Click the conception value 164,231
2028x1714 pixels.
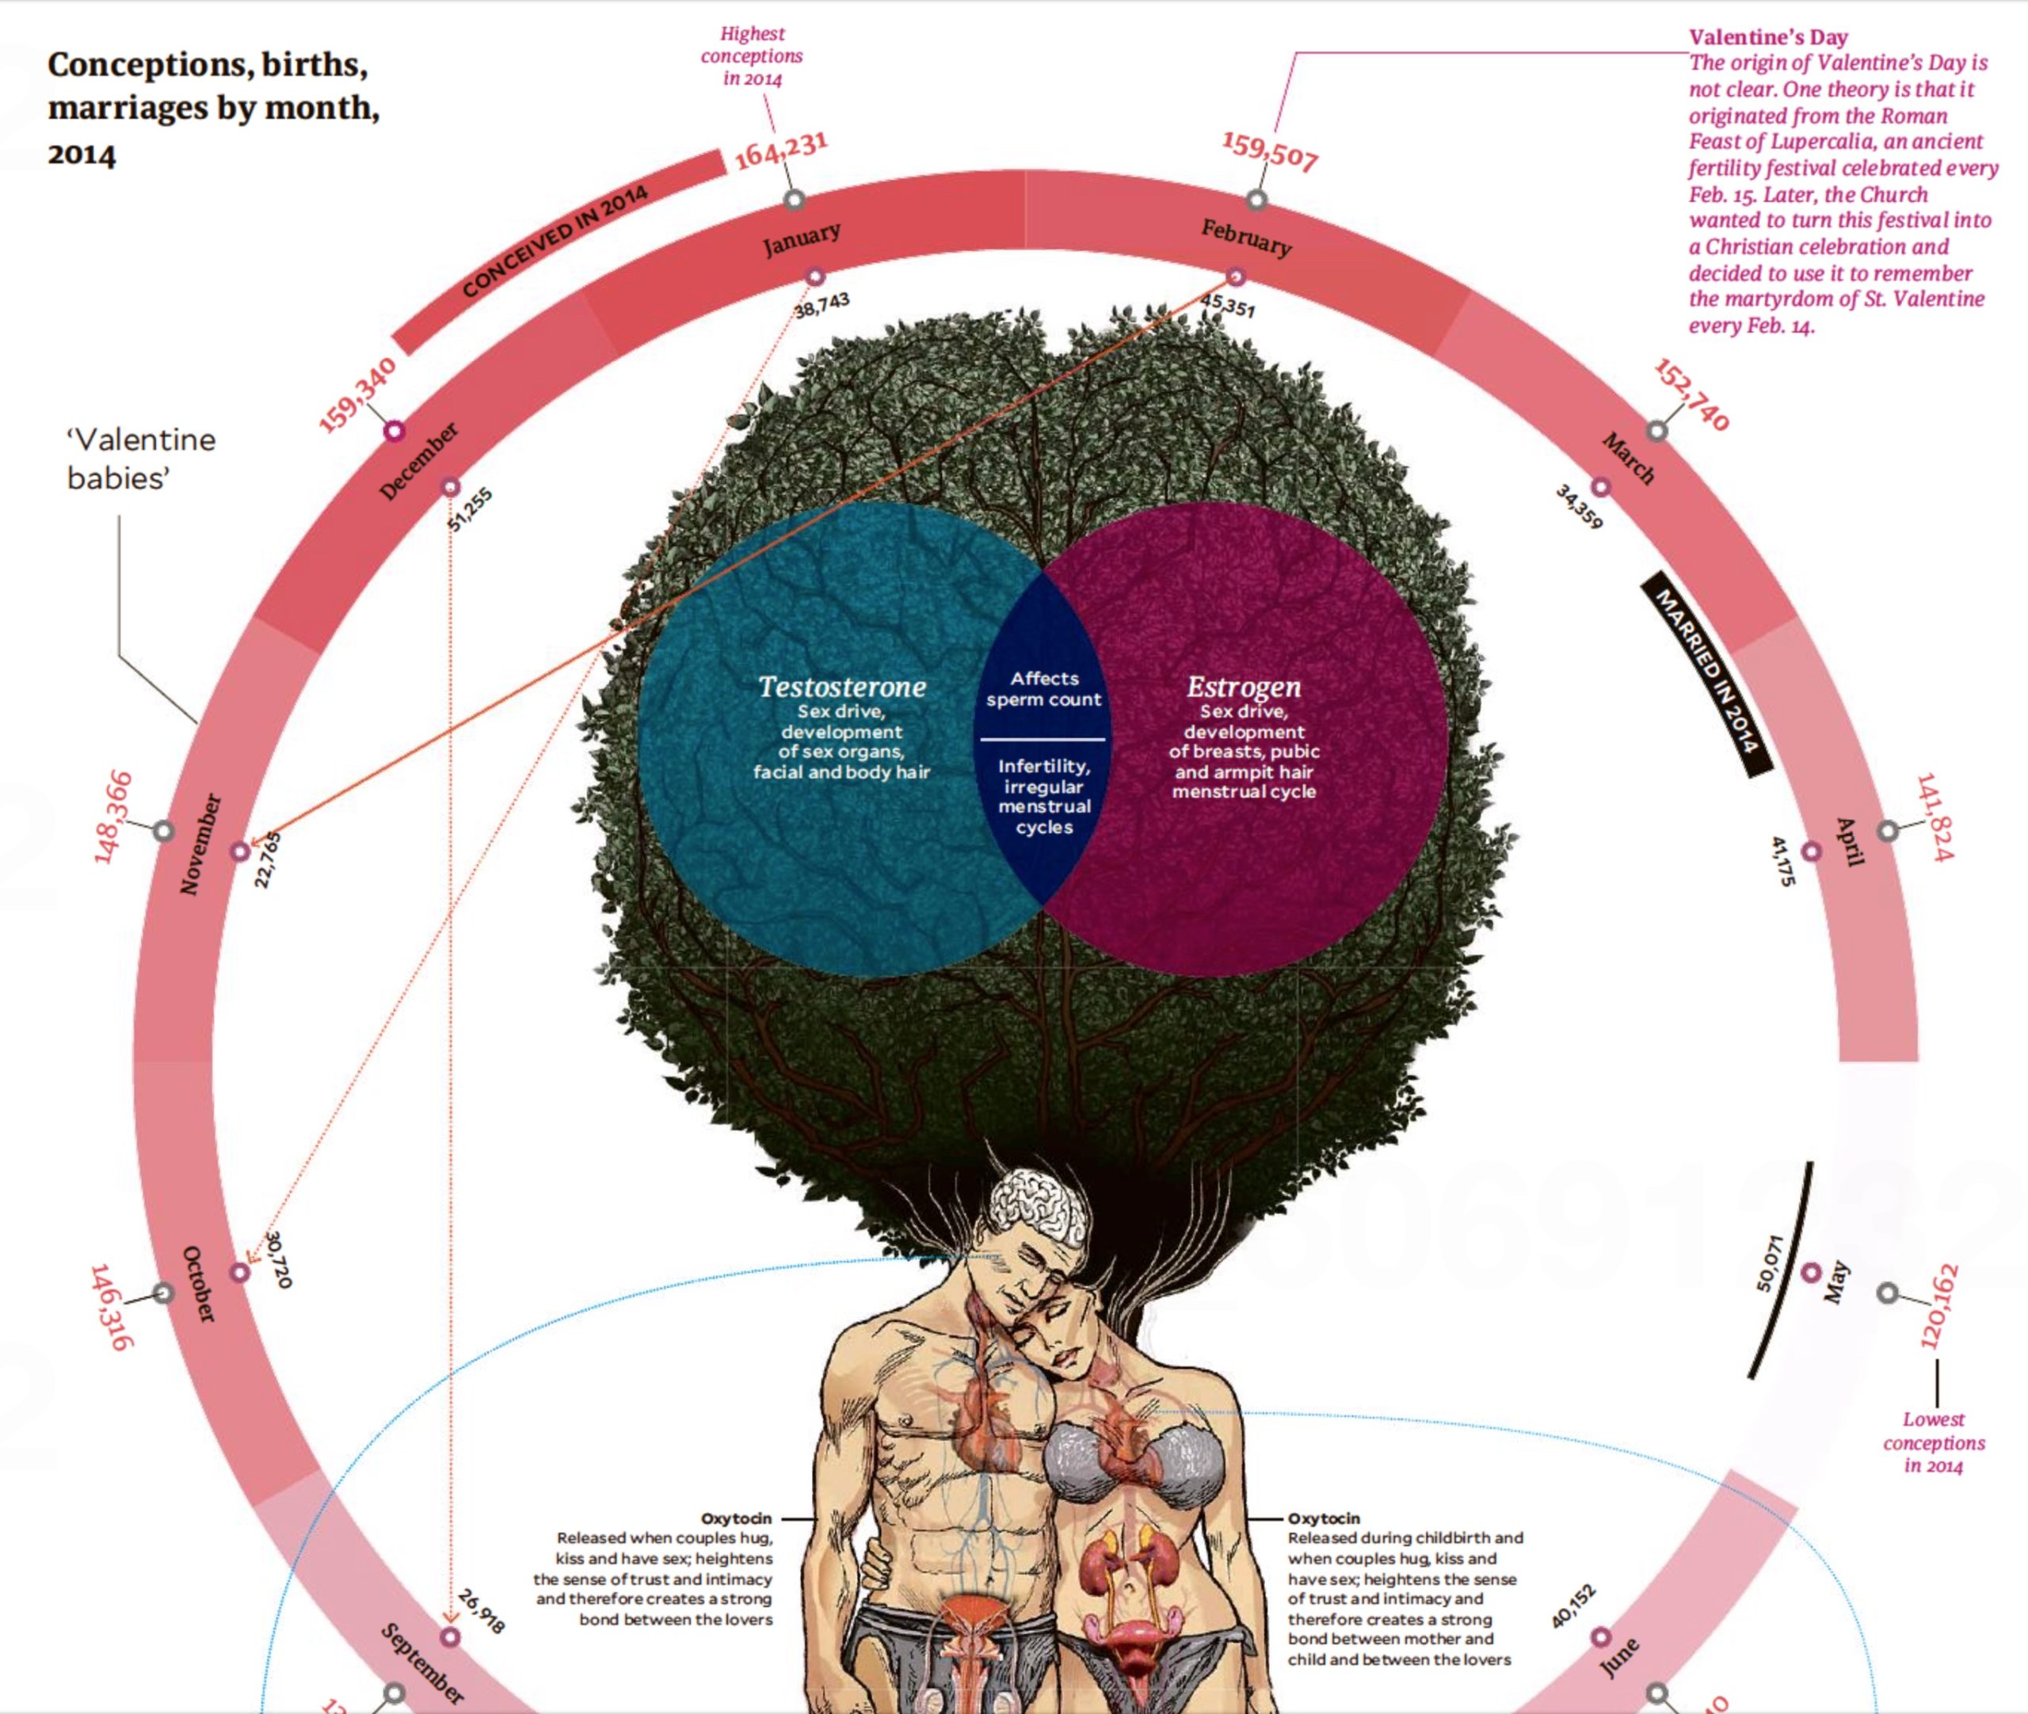(x=781, y=150)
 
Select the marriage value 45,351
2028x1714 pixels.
(x=1228, y=305)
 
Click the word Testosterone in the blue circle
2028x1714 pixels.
(x=841, y=687)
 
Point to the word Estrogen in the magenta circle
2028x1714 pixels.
(x=1243, y=687)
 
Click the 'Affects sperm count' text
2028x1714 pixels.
(x=1043, y=689)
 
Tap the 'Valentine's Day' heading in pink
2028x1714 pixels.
(x=1767, y=38)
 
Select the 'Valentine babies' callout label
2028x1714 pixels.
(x=141, y=459)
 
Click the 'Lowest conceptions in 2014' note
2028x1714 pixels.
(x=1933, y=1443)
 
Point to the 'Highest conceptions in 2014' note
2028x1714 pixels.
(x=752, y=56)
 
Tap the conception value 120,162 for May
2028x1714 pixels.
(x=1938, y=1306)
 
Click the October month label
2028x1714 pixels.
(x=198, y=1284)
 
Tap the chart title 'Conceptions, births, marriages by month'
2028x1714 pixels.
(x=214, y=107)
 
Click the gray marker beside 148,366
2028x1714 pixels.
(x=164, y=831)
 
